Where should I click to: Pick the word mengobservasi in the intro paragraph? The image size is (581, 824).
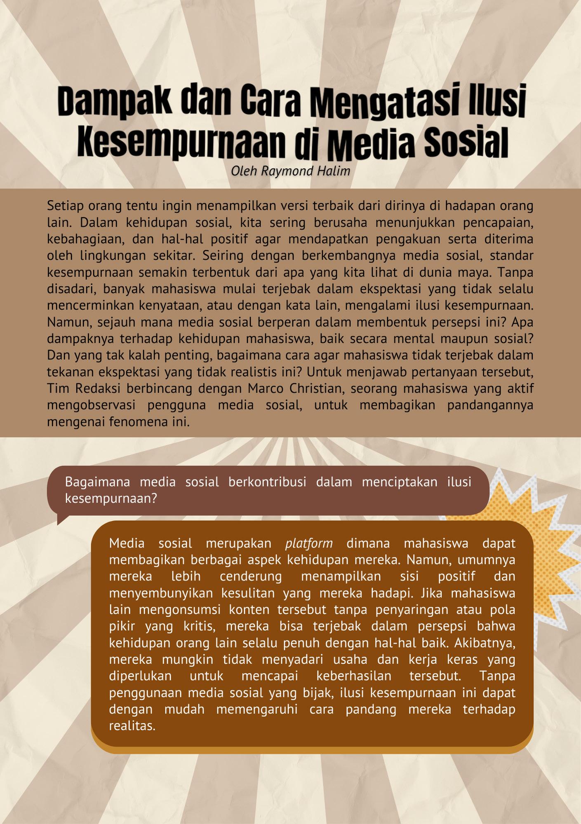pyautogui.click(x=91, y=405)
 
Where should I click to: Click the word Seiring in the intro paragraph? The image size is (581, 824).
pyautogui.click(x=223, y=255)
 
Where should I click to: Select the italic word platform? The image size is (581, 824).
pyautogui.click(x=309, y=543)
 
